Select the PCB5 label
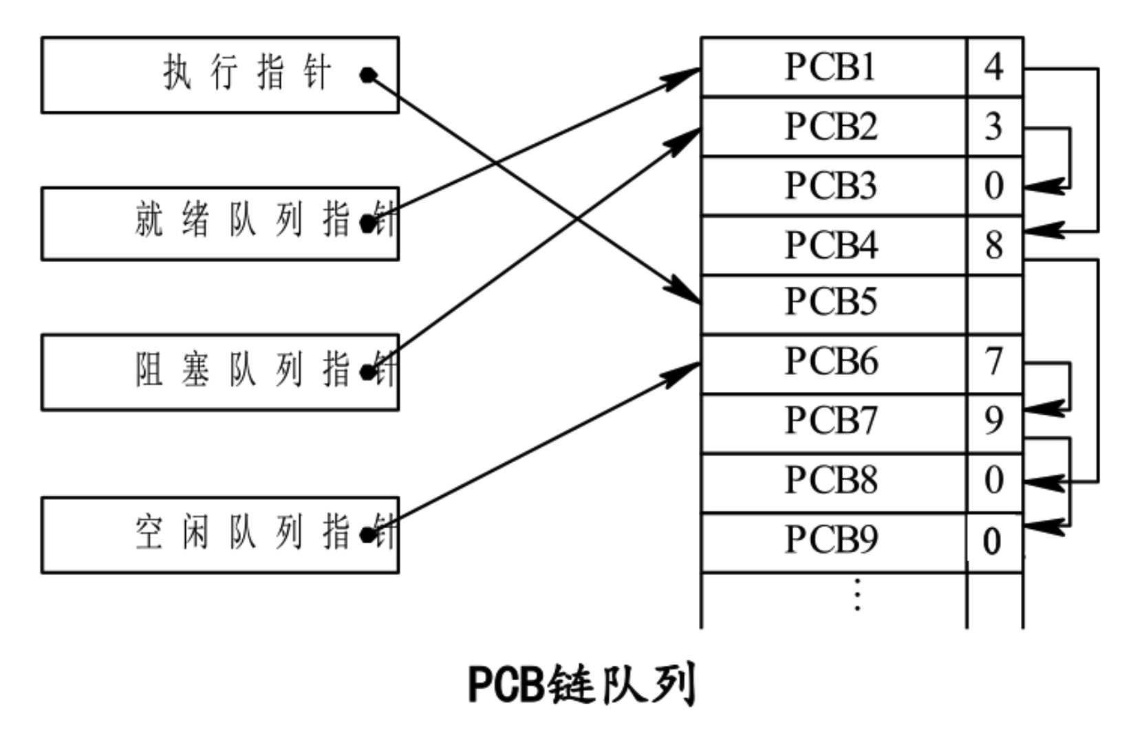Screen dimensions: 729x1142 (831, 301)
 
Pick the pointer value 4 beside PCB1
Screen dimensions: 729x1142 (994, 67)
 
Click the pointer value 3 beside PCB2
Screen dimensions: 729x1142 (994, 127)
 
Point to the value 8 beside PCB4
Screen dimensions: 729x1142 (994, 246)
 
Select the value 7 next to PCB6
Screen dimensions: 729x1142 (994, 362)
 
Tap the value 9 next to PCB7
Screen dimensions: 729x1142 (994, 420)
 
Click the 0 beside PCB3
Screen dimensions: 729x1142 (994, 186)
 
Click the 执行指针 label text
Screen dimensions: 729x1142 (248, 73)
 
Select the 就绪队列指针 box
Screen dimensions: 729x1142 (220, 224)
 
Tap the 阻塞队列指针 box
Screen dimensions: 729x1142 (220, 372)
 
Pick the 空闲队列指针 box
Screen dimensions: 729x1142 (220, 534)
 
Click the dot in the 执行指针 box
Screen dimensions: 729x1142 (368, 74)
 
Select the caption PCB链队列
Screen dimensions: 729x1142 (582, 684)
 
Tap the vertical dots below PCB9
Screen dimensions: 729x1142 (857, 595)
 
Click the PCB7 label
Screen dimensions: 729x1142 (831, 420)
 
